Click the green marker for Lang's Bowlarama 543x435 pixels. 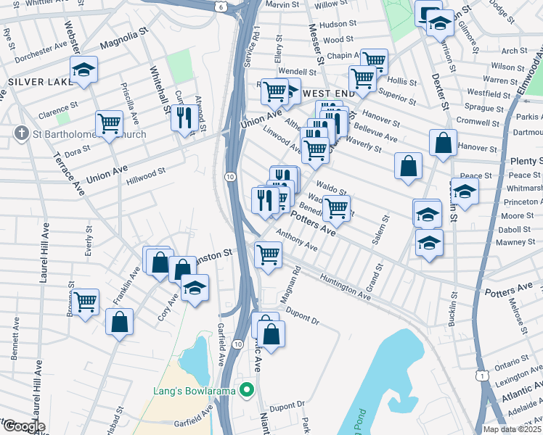247,390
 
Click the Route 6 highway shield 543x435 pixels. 221,7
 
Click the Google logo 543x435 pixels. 24,426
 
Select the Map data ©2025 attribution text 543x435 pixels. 513,429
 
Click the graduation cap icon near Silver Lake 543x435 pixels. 84,70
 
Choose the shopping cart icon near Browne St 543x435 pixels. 86,300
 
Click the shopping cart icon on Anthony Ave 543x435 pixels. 269,254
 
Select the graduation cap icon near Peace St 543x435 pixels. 465,191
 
